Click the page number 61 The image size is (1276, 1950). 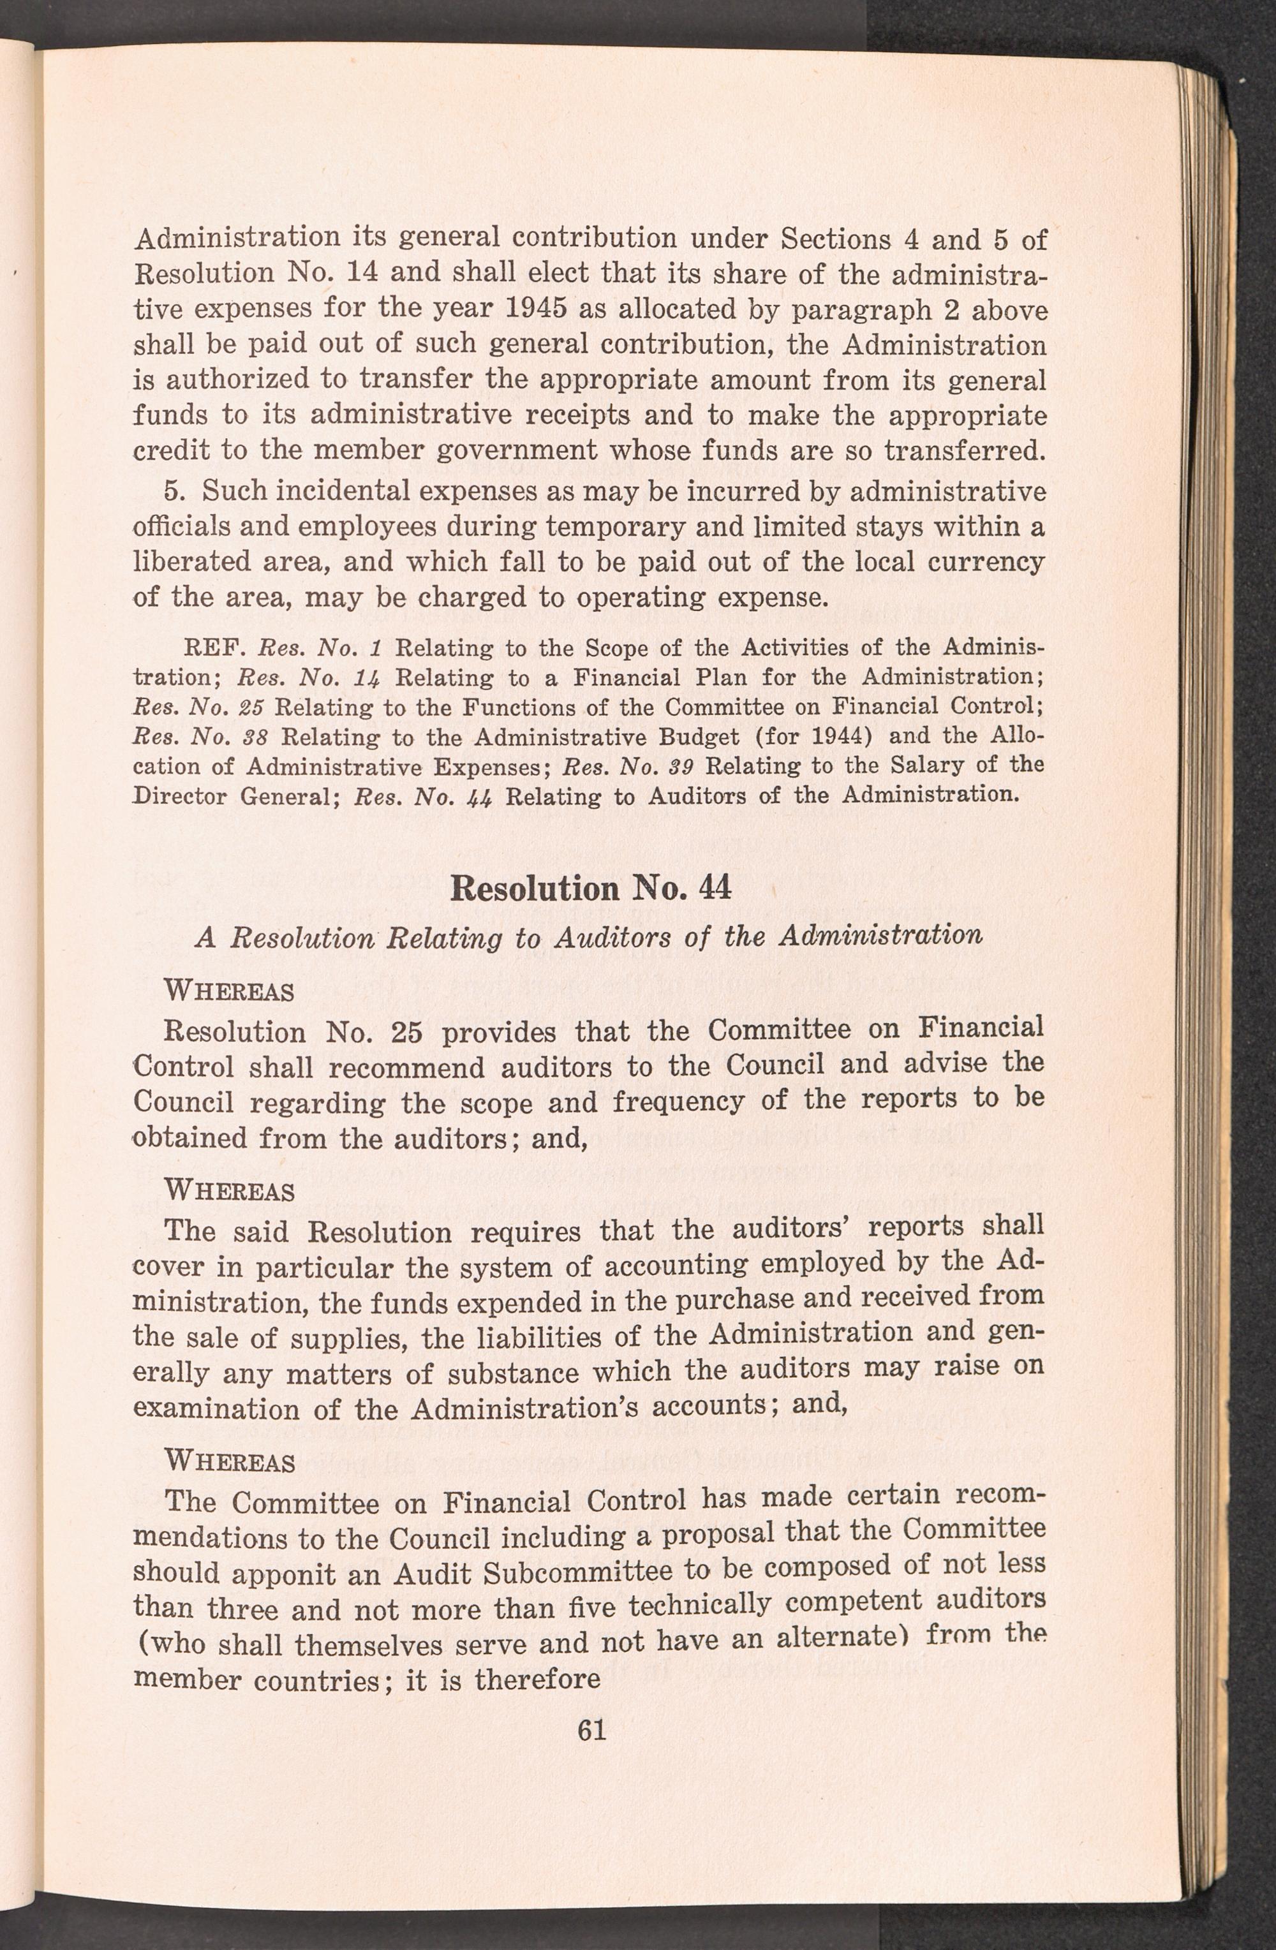591,1729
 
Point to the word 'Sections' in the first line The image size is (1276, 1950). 835,239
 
